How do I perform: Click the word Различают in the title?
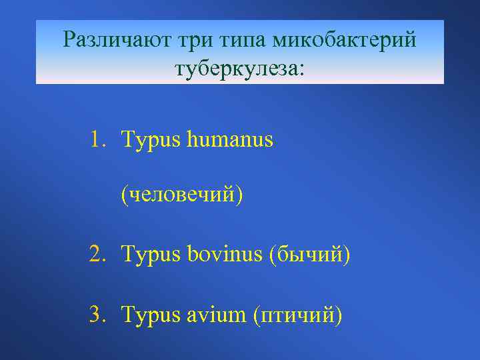click(x=116, y=41)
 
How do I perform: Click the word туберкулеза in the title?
click(x=234, y=69)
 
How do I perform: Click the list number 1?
click(x=97, y=140)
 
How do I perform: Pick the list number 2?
click(x=97, y=253)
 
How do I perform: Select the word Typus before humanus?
click(x=152, y=141)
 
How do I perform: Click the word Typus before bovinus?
click(x=152, y=255)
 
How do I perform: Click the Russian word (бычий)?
click(x=309, y=254)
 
